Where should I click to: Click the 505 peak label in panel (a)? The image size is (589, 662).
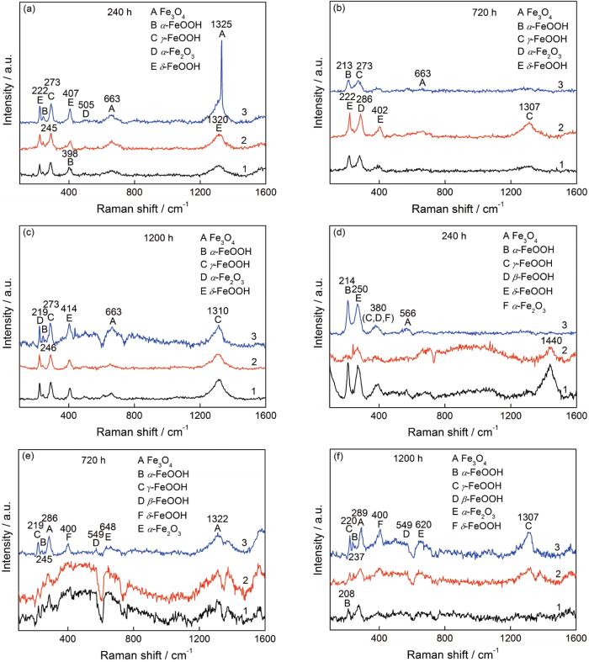pyautogui.click(x=86, y=103)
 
